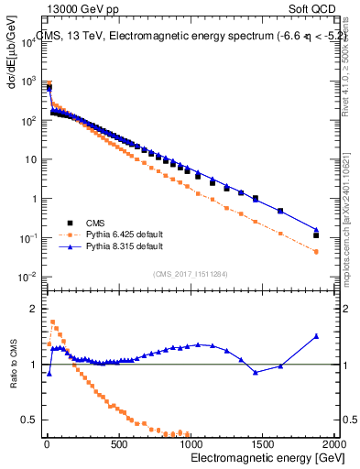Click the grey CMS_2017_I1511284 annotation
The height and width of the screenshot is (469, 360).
184,272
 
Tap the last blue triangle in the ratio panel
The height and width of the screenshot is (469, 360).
316,336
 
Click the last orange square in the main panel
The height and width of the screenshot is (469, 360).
316,251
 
